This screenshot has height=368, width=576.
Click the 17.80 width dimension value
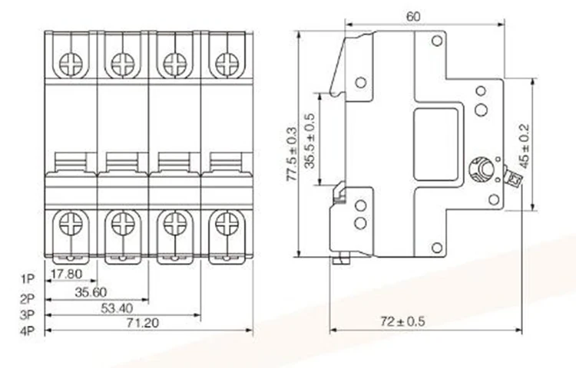pos(67,273)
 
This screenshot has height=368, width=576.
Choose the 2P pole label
pos(28,298)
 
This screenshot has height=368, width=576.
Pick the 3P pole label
pos(28,315)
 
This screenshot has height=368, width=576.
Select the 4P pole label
pos(28,331)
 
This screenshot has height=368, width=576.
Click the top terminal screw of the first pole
pos(71,62)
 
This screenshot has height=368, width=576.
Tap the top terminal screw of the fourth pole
pos(226,62)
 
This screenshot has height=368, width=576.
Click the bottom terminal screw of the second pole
pos(122,224)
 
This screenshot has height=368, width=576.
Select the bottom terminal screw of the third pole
pos(174,224)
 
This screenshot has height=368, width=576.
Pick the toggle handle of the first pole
pos(71,163)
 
